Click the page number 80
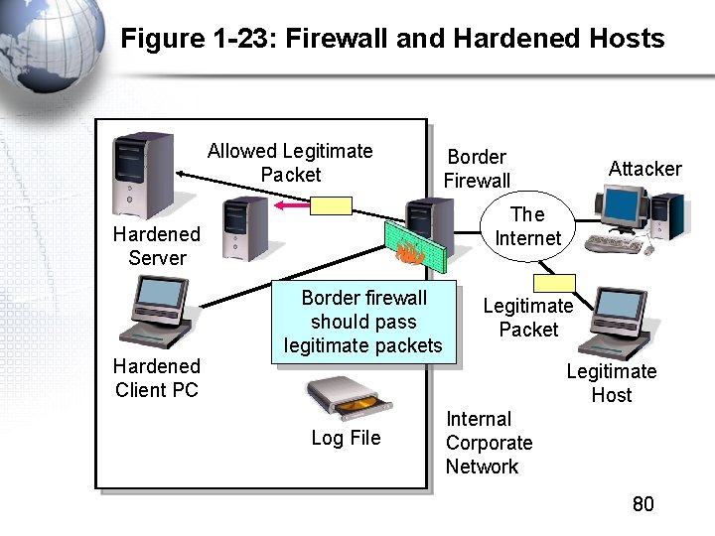(643, 504)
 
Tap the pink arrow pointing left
(291, 205)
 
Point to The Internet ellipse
(527, 227)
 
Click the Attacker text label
(644, 169)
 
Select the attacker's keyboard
(617, 243)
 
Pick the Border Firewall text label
(477, 169)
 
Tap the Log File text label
(346, 438)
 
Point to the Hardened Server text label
(156, 245)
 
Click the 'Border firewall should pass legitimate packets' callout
(363, 323)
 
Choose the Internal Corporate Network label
(489, 443)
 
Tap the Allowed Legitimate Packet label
(290, 163)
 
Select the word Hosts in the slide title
(623, 39)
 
